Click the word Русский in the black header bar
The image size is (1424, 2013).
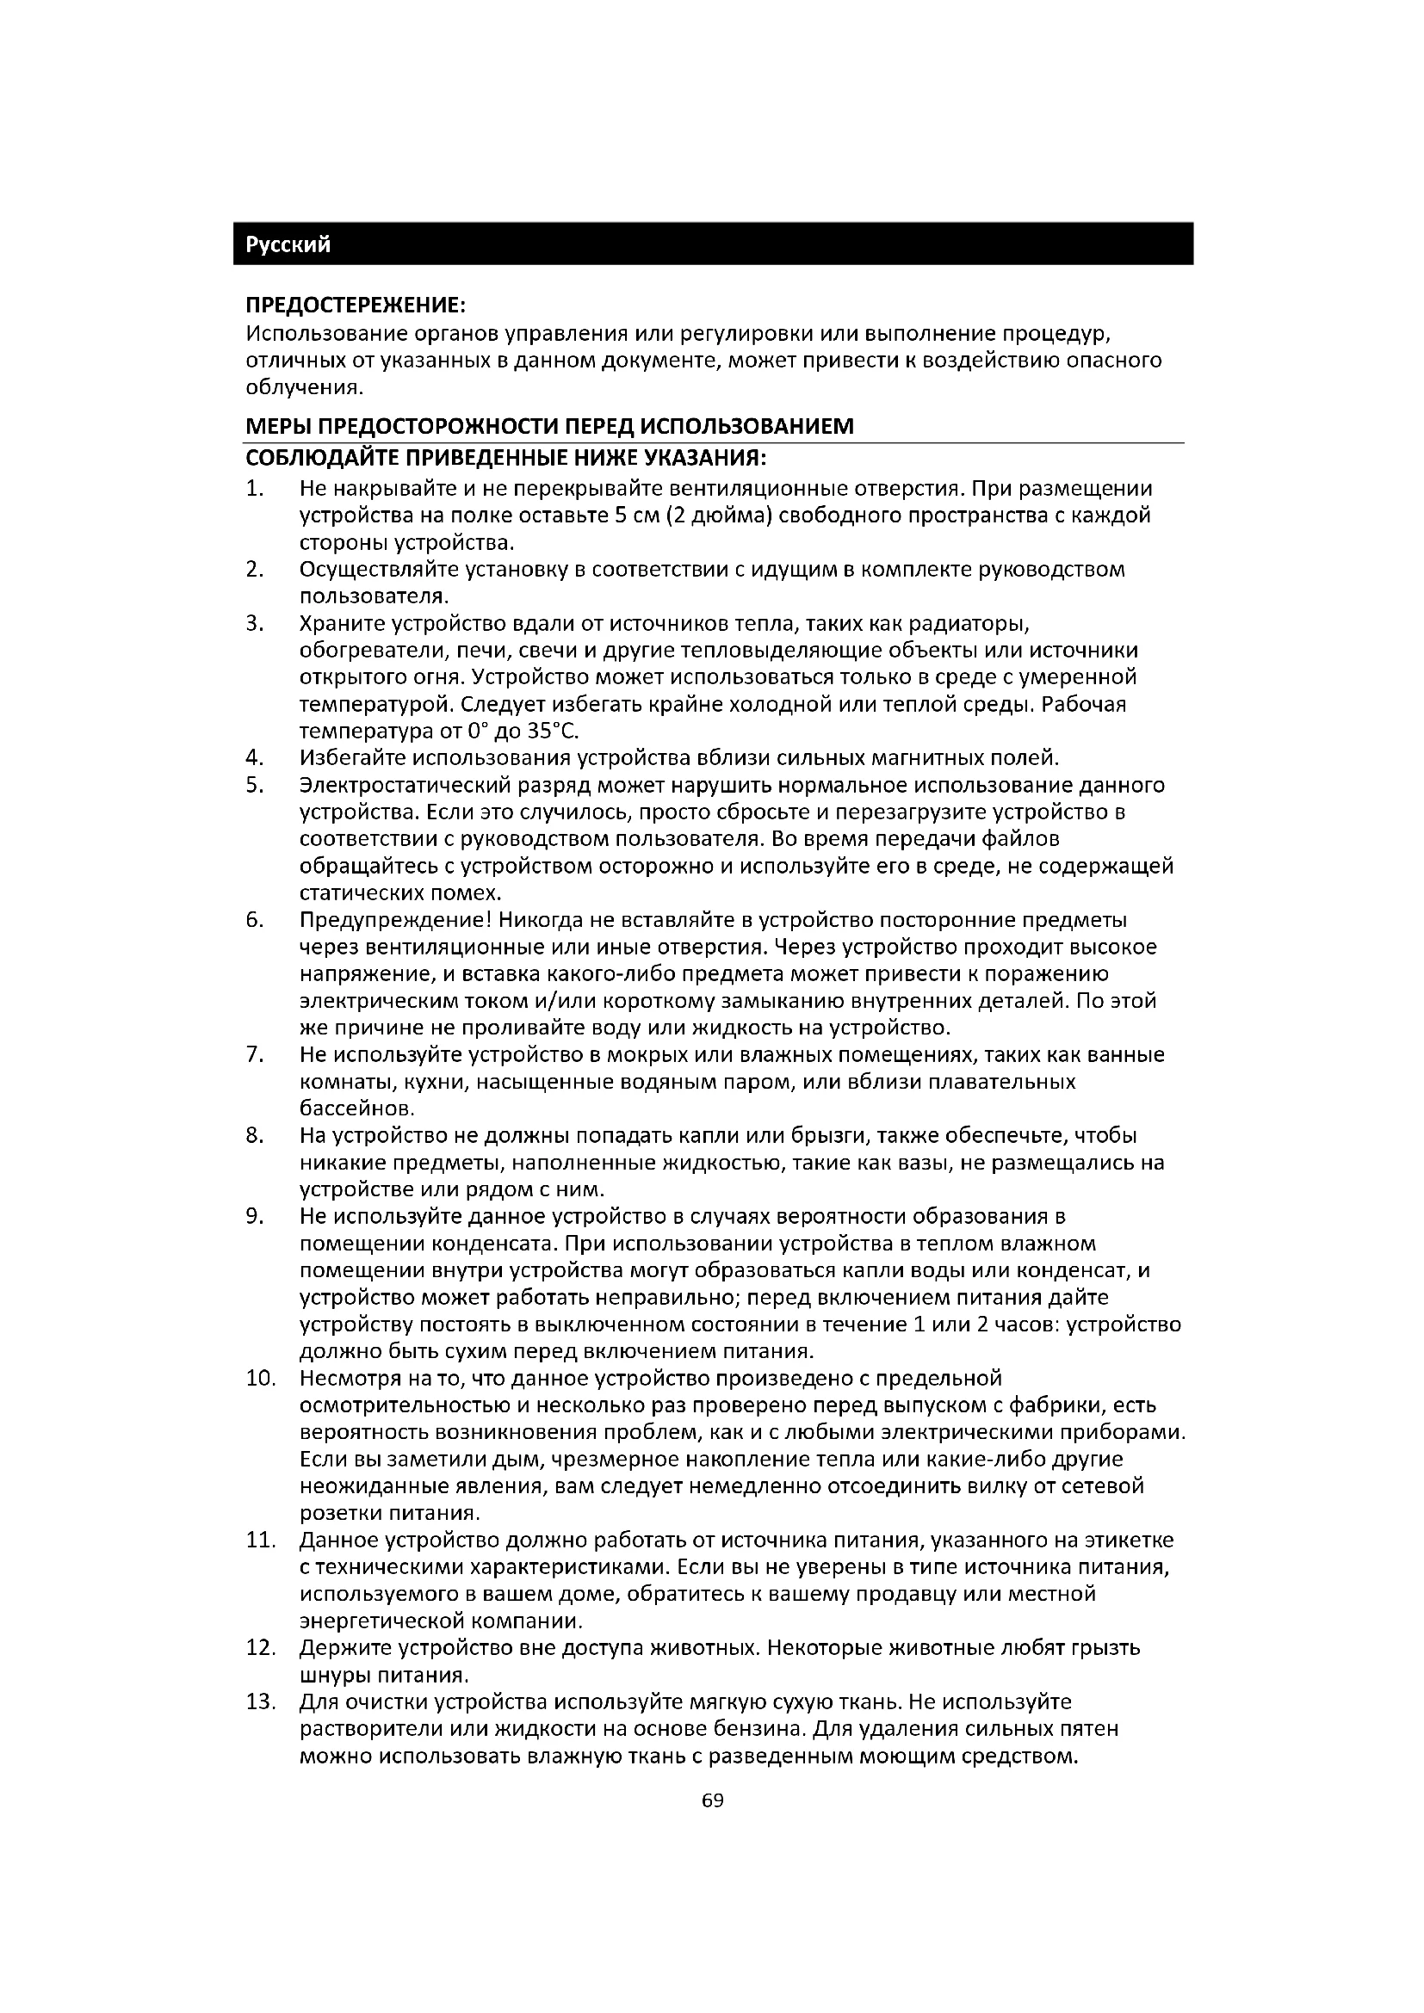288,244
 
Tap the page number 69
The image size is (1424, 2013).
713,1800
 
